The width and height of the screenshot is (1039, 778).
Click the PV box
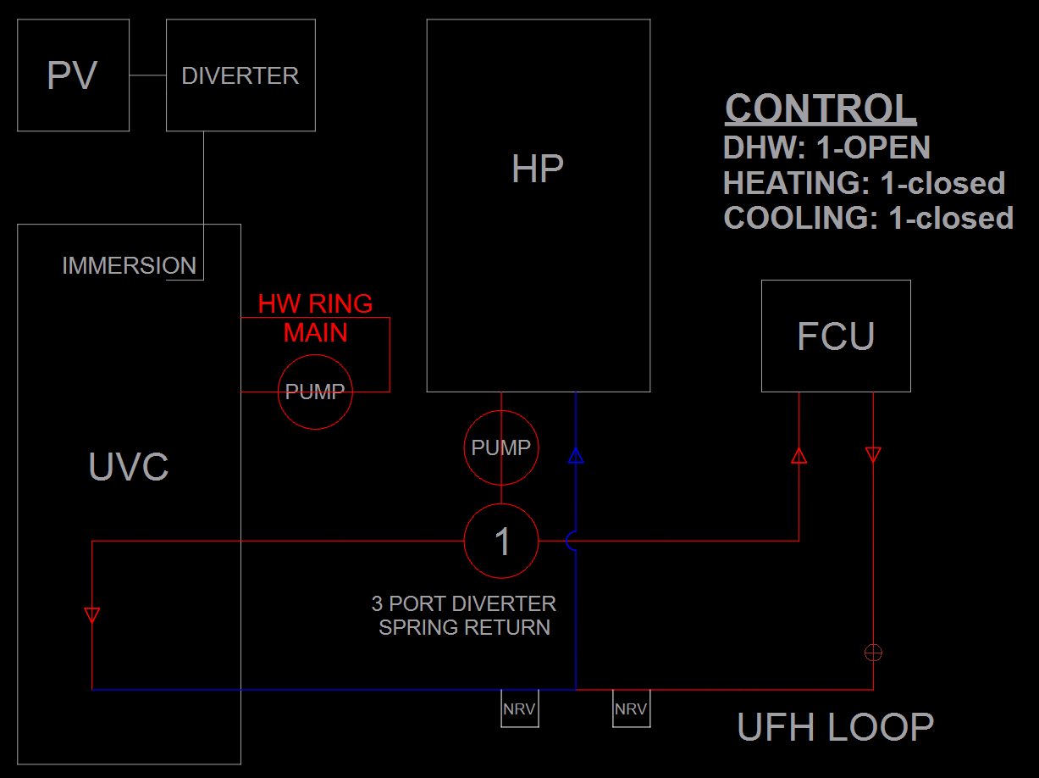[73, 75]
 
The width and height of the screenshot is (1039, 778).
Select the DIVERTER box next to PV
[240, 75]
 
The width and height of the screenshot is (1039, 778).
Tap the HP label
[538, 169]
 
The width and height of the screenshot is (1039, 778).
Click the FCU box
[836, 336]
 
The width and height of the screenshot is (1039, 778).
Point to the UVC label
[129, 467]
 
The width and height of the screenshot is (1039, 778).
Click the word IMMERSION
[129, 266]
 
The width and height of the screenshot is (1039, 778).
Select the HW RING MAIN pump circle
[315, 392]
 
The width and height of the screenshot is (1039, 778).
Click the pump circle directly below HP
[501, 447]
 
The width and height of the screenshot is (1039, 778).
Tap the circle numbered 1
[501, 541]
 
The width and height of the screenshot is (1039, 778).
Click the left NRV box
[519, 709]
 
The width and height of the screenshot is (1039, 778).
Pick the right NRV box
[631, 709]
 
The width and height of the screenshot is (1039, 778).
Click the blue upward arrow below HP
[576, 457]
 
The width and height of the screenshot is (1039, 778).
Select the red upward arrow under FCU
[799, 456]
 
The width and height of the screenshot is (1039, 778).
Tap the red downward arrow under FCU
[873, 455]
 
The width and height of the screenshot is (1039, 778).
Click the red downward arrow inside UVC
[92, 615]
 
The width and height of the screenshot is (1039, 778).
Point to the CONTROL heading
[821, 109]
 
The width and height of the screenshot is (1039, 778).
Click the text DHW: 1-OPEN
[826, 147]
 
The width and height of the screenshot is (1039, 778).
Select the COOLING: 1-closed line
[868, 218]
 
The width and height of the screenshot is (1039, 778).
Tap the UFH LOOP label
[835, 727]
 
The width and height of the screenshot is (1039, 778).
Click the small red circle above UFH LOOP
[873, 653]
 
